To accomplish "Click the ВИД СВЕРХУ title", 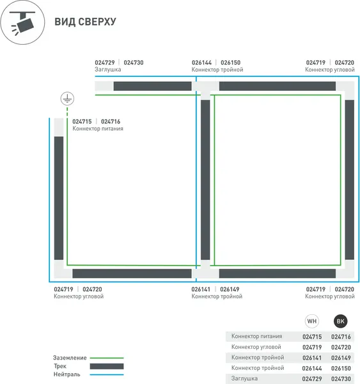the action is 85,22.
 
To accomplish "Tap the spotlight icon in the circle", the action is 22,22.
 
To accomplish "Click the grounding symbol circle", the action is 67,99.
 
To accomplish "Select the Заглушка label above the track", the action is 107,70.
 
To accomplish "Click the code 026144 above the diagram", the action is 201,63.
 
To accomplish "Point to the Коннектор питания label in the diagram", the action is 98,129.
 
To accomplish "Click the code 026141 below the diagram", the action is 201,289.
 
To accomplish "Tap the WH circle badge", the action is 312,321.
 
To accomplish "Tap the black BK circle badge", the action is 340,321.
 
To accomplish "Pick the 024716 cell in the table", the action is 341,337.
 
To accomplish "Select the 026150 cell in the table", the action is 341,369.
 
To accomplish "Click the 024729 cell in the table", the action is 312,379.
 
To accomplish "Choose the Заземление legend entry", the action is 70,358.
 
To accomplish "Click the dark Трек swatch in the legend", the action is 107,366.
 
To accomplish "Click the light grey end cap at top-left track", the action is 104,86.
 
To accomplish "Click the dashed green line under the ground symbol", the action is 67,111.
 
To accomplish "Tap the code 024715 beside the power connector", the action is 82,122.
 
